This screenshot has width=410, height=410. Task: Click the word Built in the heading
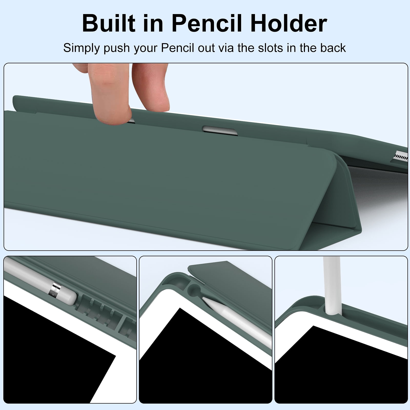109,24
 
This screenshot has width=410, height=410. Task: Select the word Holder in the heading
289,24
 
